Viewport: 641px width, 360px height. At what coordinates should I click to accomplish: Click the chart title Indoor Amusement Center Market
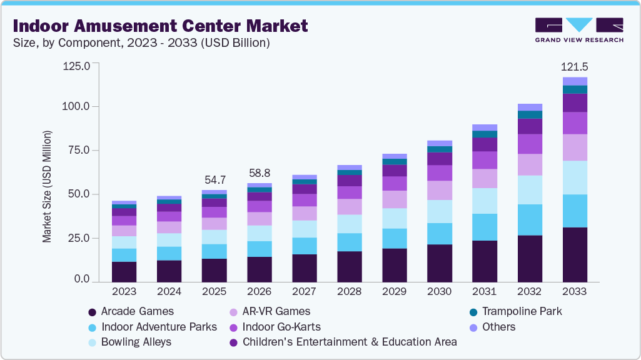[160, 26]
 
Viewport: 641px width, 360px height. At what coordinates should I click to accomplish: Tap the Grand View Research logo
[578, 29]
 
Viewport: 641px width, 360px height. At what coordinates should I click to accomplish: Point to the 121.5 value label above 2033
[575, 66]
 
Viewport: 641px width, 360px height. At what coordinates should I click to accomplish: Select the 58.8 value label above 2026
[260, 172]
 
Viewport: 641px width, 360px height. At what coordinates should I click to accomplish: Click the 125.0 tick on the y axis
[78, 65]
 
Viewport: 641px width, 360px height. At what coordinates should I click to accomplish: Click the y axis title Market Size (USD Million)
[47, 186]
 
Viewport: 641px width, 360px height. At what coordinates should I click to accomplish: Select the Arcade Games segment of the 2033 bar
[575, 254]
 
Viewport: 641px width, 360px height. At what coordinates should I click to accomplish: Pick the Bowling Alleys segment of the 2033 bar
[575, 177]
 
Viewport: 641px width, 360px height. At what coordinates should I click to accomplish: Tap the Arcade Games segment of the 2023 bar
[124, 272]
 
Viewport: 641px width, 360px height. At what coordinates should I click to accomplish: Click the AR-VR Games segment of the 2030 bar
[440, 190]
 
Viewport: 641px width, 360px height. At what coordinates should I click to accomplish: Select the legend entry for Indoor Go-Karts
[281, 327]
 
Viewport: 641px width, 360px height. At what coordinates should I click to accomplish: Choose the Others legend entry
[498, 327]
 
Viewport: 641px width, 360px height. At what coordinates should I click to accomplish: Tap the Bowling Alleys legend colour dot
[93, 342]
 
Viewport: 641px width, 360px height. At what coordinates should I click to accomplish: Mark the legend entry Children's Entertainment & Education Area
[349, 342]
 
